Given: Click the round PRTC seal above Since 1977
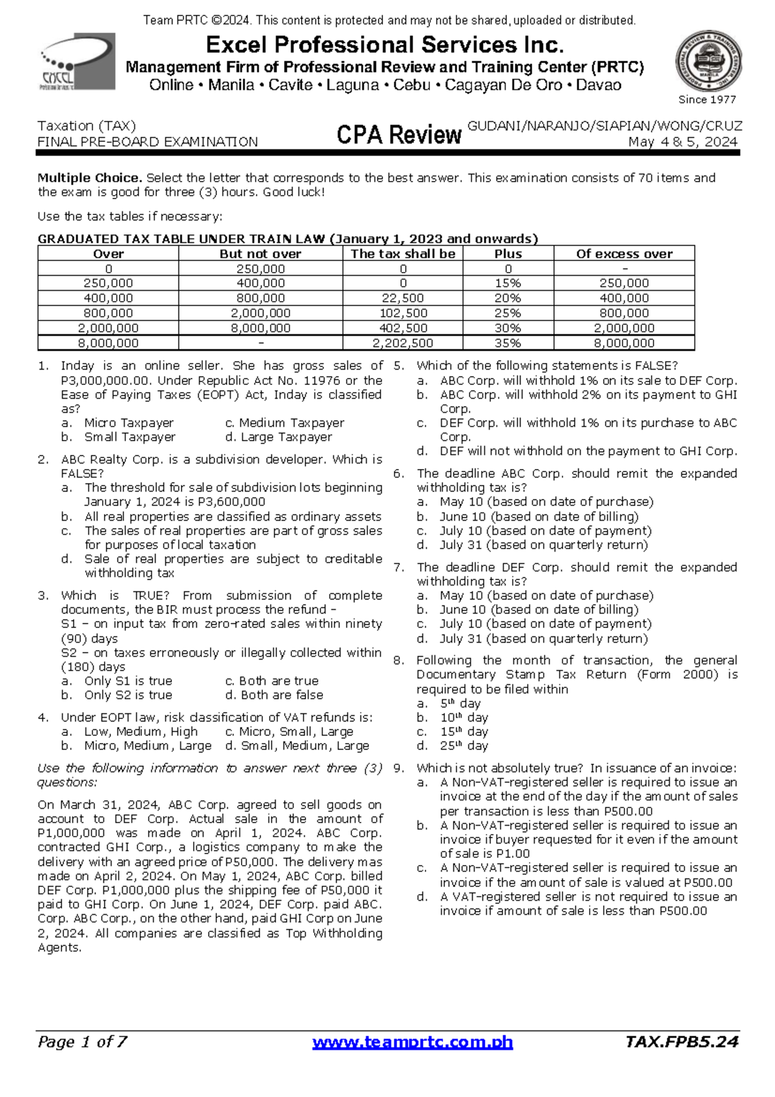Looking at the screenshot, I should point(708,61).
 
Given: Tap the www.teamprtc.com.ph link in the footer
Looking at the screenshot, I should point(412,1042).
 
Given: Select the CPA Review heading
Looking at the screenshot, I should point(398,134).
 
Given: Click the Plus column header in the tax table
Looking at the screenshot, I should point(508,254).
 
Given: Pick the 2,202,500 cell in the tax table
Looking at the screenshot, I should point(403,343).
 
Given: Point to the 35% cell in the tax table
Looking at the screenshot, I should point(508,343).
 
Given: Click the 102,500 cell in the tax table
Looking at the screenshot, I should point(403,313).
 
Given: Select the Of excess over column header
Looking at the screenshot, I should point(624,254).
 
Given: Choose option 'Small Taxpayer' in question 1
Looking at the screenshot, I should point(129,437).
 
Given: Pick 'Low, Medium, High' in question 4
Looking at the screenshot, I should point(141,732).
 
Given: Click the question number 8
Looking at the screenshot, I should point(398,660).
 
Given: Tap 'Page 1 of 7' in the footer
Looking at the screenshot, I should point(82,1041).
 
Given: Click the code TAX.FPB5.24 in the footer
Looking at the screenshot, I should point(682,1041).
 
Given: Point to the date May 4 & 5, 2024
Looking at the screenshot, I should point(683,142).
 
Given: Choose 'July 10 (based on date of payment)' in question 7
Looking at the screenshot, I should point(545,624).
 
